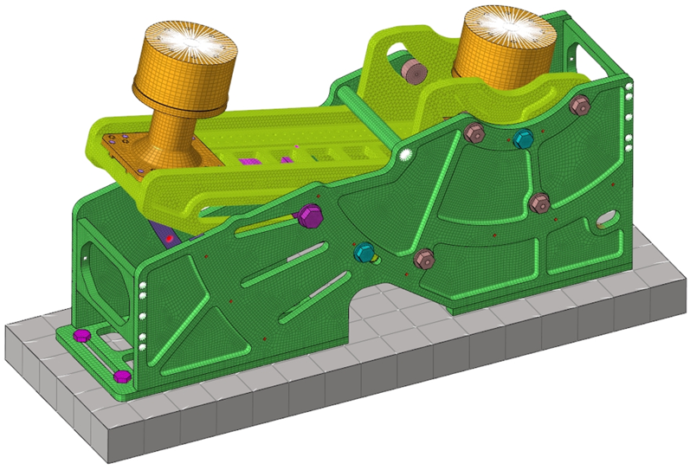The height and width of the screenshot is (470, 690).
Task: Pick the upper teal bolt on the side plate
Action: point(523,138)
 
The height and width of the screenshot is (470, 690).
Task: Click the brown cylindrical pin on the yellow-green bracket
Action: point(409,69)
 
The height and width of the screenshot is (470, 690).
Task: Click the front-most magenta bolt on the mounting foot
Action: point(122,376)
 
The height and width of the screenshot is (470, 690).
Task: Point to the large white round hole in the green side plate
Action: point(403,155)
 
